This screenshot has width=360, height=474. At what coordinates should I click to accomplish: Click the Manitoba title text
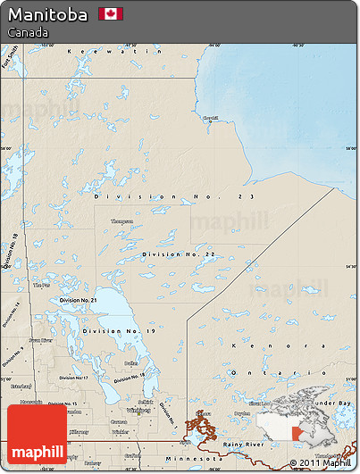pyautogui.click(x=48, y=14)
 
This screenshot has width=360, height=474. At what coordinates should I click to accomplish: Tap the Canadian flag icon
pyautogui.click(x=111, y=14)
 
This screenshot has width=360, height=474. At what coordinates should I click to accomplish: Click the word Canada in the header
pyautogui.click(x=28, y=32)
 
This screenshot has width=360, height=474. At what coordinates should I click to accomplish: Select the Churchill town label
pyautogui.click(x=210, y=118)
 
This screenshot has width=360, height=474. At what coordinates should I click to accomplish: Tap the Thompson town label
pyautogui.click(x=121, y=221)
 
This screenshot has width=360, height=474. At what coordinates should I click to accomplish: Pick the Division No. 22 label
pyautogui.click(x=179, y=254)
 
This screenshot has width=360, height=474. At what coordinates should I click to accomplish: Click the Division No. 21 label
pyautogui.click(x=78, y=301)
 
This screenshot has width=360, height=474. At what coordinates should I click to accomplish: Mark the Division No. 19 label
pyautogui.click(x=119, y=331)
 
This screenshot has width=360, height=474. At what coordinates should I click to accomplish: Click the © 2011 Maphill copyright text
pyautogui.click(x=321, y=462)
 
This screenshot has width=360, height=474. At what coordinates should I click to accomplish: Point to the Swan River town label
pyautogui.click(x=38, y=340)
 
